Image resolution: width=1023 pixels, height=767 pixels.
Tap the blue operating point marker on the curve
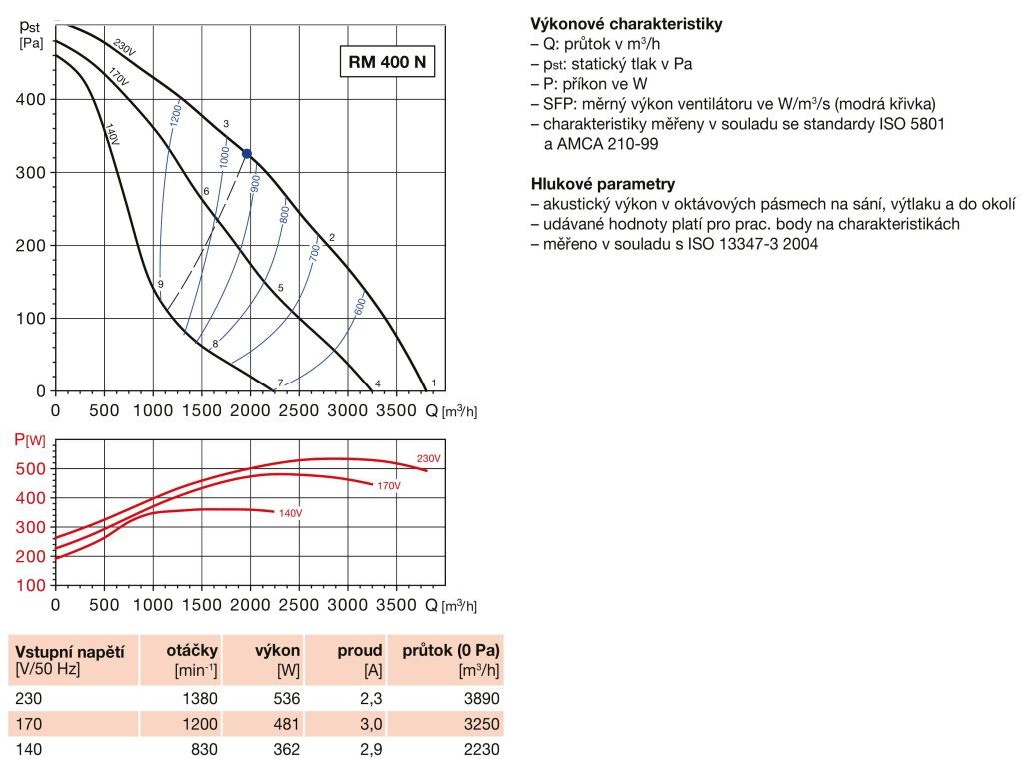[x=247, y=153]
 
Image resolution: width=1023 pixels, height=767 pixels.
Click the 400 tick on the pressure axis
[x=34, y=100]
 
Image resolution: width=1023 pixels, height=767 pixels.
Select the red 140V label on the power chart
[x=289, y=513]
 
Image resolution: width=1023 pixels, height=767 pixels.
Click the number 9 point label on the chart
[x=160, y=284]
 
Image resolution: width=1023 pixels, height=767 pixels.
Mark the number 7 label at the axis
[x=280, y=383]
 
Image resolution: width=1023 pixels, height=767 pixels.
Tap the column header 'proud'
[x=359, y=650]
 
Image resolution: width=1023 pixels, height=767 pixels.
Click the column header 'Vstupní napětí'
[x=69, y=651]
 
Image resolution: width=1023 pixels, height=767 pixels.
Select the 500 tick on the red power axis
[x=34, y=469]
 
